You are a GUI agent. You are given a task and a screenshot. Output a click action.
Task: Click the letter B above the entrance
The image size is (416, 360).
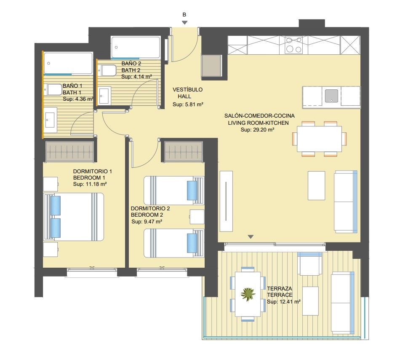click(184, 15)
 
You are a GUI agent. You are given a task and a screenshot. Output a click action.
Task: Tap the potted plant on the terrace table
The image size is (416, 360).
click(248, 294)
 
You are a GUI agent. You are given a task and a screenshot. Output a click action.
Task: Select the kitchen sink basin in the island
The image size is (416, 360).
click(332, 96)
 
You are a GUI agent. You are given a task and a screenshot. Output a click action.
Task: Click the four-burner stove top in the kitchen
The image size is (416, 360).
click(294, 45)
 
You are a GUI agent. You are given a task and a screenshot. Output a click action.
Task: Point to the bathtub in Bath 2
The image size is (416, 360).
click(136, 47)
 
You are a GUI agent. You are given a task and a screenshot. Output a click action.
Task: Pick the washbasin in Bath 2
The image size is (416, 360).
click(104, 96)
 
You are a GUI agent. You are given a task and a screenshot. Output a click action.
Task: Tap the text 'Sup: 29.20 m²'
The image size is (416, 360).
click(257, 130)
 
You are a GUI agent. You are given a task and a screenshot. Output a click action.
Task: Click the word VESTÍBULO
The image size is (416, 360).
click(187, 89)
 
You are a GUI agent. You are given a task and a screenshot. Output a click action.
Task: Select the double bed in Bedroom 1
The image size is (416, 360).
click(74, 217)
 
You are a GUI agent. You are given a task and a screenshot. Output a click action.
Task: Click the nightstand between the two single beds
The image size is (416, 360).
click(197, 217)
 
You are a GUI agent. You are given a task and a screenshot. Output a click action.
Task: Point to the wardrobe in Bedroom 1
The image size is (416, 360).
click(70, 151)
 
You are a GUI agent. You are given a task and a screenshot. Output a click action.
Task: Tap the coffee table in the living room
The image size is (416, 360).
click(316, 185)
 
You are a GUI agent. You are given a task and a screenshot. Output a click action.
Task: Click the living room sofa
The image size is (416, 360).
click(346, 202)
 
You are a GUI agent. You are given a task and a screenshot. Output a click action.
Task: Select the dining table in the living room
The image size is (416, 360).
click(320, 139)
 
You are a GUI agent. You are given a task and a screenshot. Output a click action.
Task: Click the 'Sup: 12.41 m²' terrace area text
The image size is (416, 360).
click(284, 302)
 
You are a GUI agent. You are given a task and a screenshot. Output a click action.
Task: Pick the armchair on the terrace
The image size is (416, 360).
click(309, 264)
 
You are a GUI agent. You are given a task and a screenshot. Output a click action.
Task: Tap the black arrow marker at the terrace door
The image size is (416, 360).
click(251, 236)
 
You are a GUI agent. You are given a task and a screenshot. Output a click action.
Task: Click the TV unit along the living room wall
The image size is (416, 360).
click(226, 201)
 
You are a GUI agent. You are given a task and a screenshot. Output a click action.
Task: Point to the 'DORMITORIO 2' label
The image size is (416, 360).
click(150, 209)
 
